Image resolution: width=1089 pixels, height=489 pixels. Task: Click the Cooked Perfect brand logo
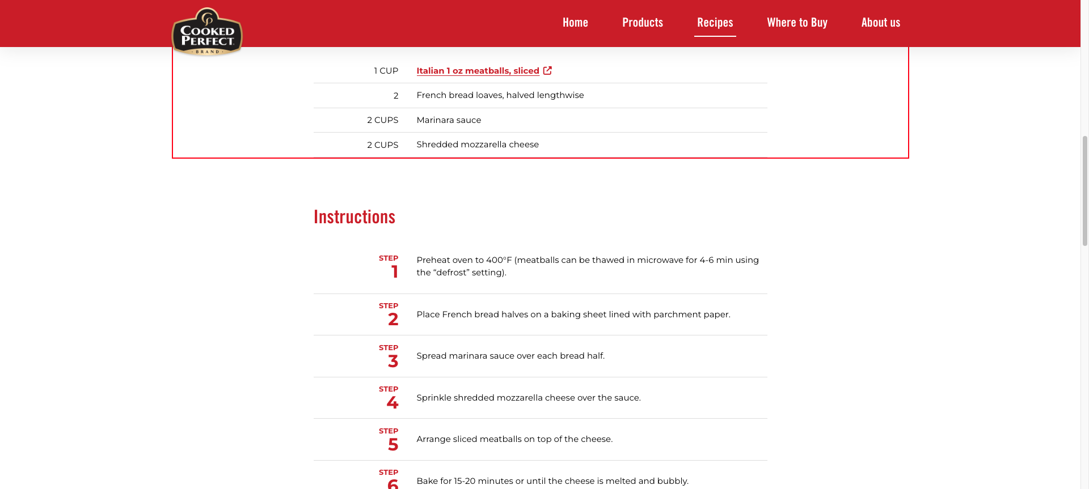tap(207, 32)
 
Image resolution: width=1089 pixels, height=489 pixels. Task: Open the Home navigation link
tap(575, 23)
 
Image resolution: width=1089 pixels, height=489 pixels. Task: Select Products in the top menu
tap(643, 23)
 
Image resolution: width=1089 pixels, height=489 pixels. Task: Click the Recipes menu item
tap(715, 23)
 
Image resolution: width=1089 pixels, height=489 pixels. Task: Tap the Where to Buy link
tap(797, 23)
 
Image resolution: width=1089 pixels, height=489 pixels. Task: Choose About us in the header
tap(880, 23)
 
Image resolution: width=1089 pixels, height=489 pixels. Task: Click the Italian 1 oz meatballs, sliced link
tap(478, 71)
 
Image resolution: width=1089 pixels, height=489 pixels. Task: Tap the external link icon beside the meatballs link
tap(547, 70)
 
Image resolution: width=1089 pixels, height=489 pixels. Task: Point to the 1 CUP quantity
tap(386, 71)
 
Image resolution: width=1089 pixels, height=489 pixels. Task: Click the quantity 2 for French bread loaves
tap(396, 96)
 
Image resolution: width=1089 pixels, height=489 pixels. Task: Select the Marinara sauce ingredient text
tap(449, 120)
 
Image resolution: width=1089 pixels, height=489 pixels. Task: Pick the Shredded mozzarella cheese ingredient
tap(478, 144)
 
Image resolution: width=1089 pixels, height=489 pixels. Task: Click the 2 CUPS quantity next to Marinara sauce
tap(382, 120)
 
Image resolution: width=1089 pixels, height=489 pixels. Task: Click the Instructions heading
tap(354, 217)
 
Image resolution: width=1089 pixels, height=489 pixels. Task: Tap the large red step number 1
tap(395, 272)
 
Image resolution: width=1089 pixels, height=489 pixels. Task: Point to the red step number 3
tap(393, 362)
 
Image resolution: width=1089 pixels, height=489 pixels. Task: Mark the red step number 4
tap(392, 403)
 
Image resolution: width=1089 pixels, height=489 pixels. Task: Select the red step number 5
tap(393, 445)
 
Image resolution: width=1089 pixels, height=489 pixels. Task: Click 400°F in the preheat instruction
tap(499, 260)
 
